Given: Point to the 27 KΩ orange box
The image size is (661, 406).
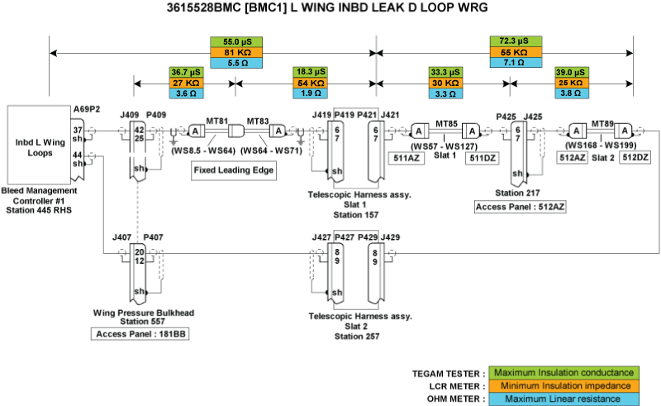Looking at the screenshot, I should [x=185, y=84].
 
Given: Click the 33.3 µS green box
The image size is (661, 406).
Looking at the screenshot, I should [x=445, y=73].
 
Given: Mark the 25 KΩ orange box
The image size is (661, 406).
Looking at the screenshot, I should [x=573, y=84].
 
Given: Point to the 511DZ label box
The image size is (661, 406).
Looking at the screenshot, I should [x=481, y=157].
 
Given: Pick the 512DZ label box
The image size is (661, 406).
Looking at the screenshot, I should [x=636, y=157].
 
